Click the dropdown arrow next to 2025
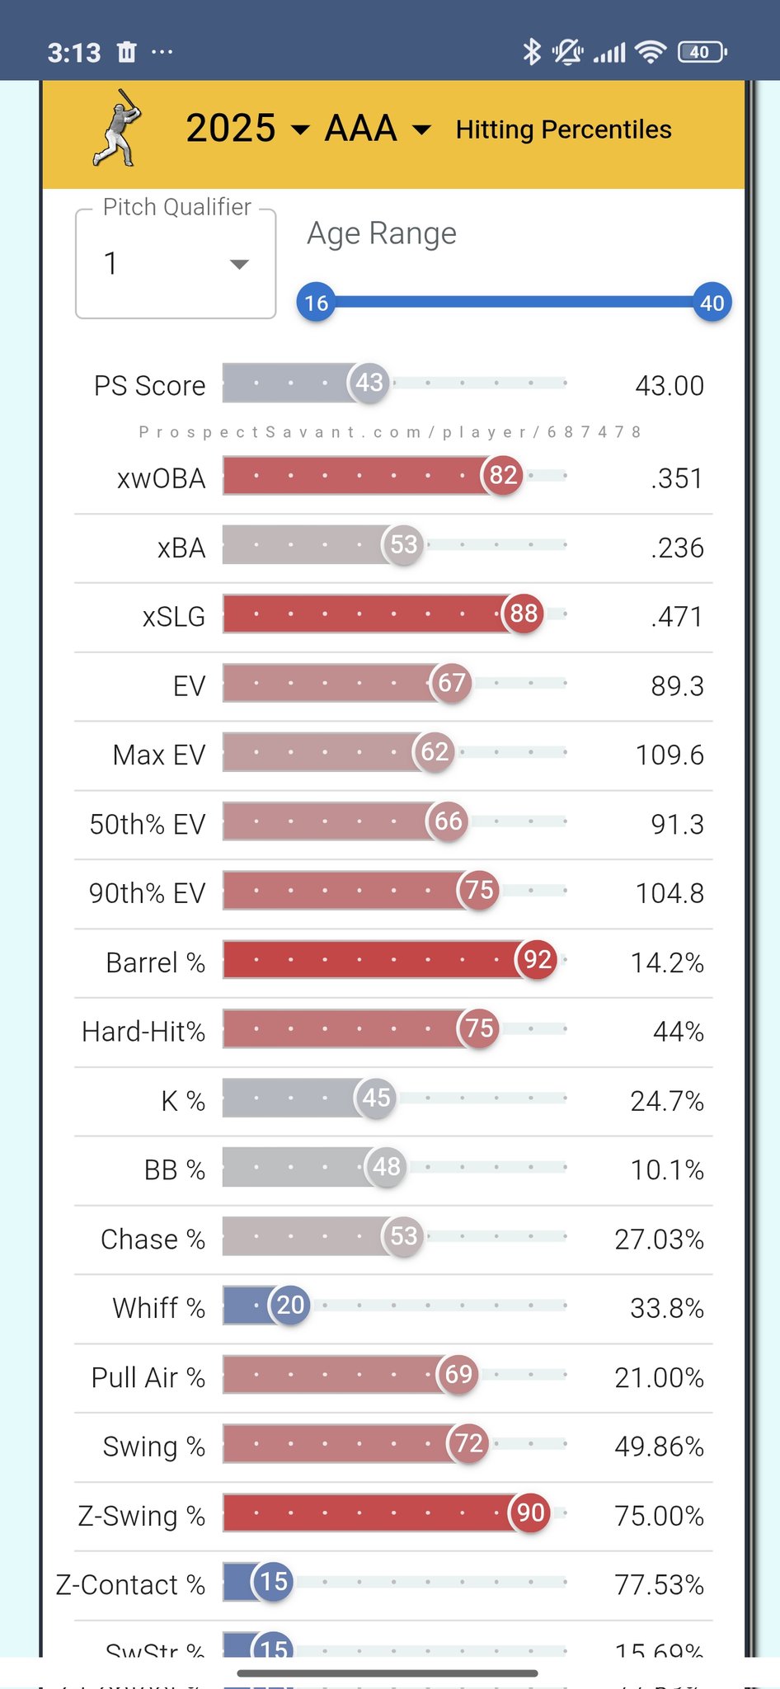300,129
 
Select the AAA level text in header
360,129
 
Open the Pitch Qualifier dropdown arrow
239,264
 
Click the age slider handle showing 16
316,303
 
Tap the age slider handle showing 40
712,303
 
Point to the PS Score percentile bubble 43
369,383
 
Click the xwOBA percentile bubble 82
503,475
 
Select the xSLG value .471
676,617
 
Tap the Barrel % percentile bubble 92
537,959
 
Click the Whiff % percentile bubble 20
290,1305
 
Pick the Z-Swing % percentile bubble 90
530,1513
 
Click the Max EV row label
159,755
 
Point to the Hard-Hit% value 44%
678,1032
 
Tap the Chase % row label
153,1240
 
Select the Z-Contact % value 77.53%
659,1585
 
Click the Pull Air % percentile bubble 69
458,1374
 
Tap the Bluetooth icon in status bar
532,52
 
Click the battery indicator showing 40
701,52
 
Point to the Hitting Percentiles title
563,129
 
